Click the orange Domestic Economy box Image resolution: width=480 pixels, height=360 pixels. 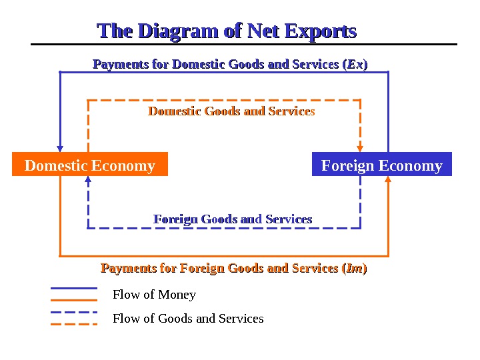89,165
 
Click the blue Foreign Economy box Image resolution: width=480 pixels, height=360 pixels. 381,165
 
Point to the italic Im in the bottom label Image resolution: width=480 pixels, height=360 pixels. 355,269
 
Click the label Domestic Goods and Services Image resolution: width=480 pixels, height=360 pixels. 231,111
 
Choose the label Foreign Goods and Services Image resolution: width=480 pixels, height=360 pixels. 233,219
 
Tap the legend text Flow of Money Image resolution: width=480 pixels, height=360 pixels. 154,295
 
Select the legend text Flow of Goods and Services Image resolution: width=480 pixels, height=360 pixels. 188,319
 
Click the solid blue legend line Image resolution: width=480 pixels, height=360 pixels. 74,289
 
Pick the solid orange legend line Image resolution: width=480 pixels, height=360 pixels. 74,300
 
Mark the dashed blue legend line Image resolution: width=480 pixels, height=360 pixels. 74,312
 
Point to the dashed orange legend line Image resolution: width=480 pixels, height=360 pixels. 74,324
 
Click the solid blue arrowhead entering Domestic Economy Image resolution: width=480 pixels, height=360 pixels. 61,149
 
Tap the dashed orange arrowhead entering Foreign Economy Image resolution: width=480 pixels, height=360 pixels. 361,148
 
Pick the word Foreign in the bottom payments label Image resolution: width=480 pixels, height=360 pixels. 203,269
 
